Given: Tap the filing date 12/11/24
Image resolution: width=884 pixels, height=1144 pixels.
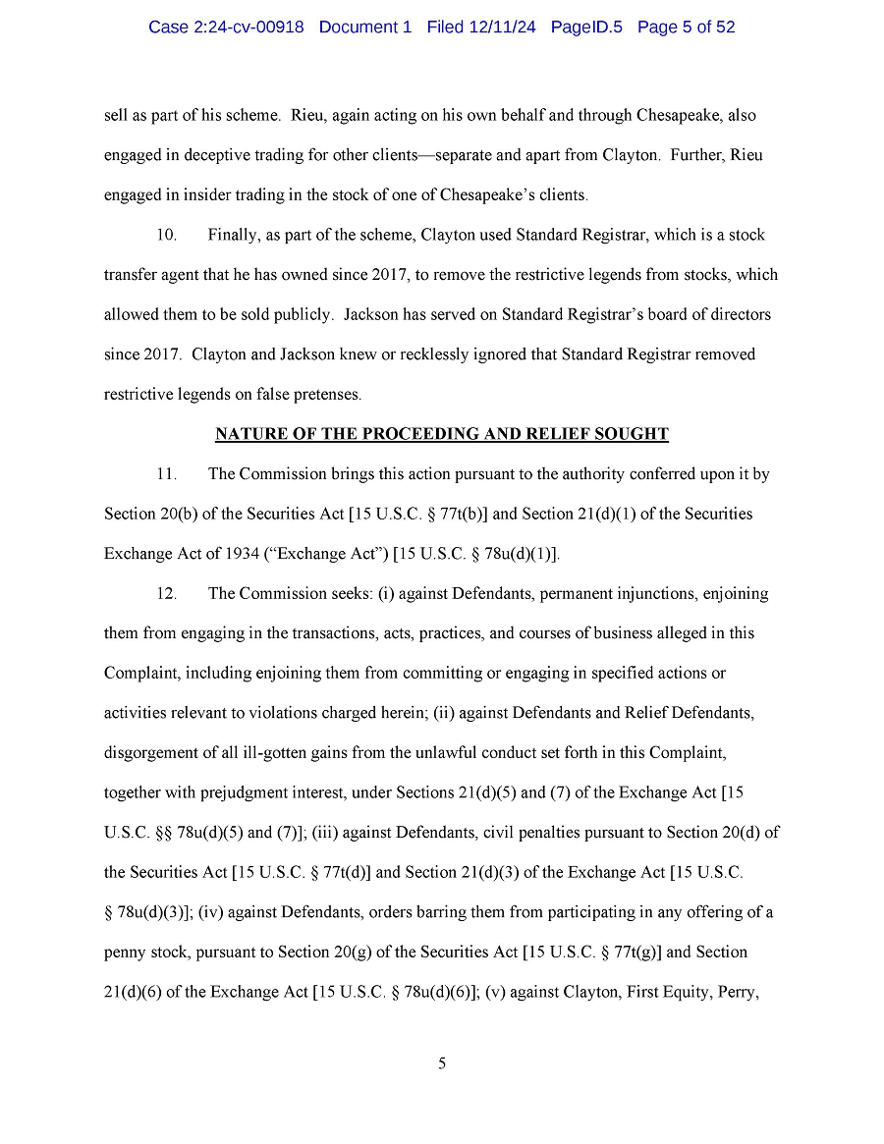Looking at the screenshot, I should pos(503,27).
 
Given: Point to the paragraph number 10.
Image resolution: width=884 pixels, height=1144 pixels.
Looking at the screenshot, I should pos(167,236).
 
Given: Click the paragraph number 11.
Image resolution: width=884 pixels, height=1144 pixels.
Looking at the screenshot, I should pos(167,474).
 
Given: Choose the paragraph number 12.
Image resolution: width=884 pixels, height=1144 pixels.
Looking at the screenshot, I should pos(167,594).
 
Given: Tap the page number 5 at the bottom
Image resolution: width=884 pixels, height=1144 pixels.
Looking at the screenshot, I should pos(442,1064).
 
